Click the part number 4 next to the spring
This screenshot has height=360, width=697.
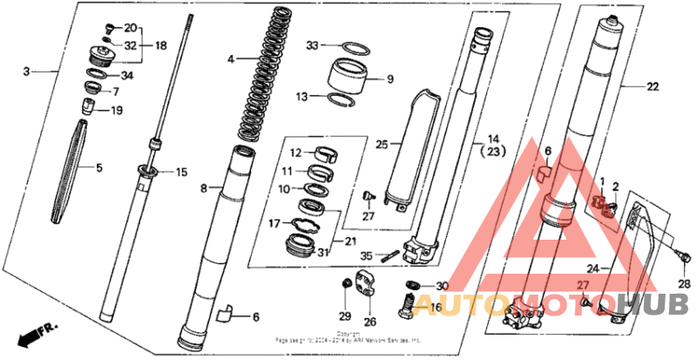(230, 59)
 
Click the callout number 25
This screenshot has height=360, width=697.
(382, 142)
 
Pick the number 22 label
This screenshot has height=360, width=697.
(653, 86)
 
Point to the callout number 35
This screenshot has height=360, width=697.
(367, 255)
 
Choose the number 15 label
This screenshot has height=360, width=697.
(182, 173)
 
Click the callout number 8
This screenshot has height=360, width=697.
(205, 187)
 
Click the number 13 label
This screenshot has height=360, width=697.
(302, 97)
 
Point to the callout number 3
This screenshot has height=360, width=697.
(27, 70)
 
